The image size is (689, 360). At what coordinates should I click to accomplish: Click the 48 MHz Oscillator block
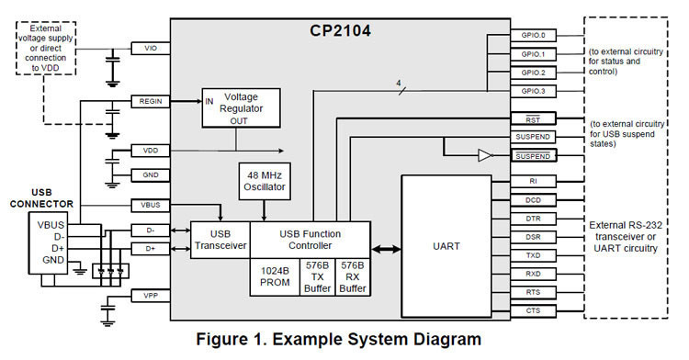(265, 180)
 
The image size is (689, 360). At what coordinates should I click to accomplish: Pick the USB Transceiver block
(220, 240)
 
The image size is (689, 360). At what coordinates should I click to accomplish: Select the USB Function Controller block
(310, 240)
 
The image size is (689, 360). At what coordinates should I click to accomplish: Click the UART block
(446, 246)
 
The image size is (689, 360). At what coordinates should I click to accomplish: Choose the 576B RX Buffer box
(353, 277)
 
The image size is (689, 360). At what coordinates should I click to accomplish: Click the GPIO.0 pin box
(533, 35)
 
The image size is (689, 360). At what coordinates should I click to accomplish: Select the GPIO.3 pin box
(533, 90)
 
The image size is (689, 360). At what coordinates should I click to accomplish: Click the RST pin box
(533, 119)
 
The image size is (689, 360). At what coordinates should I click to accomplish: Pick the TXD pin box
(533, 254)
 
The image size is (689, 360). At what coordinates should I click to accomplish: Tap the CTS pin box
(533, 309)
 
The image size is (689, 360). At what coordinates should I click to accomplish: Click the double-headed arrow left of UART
(386, 247)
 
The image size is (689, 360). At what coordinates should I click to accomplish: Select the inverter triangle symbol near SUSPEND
(484, 156)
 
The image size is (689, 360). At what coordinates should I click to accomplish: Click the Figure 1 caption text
(339, 340)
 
